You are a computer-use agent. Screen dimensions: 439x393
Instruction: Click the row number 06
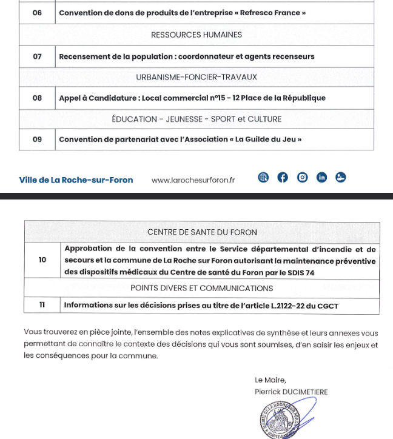click(x=37, y=13)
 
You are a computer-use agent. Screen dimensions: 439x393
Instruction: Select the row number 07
click(x=37, y=56)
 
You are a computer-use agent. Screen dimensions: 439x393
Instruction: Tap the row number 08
click(x=37, y=98)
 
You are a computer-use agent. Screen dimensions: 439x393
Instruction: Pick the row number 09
click(x=37, y=139)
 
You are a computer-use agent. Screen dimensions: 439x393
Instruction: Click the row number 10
click(x=42, y=260)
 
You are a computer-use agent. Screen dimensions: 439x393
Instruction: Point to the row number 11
click(x=42, y=306)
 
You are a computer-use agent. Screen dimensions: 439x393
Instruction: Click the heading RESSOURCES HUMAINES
click(x=196, y=35)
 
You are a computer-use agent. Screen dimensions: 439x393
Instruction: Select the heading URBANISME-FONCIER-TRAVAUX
click(x=196, y=77)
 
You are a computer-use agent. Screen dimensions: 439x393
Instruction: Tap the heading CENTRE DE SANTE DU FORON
click(x=202, y=232)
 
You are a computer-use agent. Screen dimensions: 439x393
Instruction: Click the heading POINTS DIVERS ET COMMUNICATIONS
click(x=202, y=288)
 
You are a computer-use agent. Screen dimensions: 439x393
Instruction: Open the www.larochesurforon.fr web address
click(x=193, y=179)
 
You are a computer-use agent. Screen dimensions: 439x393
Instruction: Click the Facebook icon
click(x=283, y=178)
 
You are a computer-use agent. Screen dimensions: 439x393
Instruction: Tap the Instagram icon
click(x=302, y=178)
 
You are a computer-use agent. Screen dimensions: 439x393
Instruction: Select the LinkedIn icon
click(x=321, y=178)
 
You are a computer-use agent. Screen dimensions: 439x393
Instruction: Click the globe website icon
click(x=263, y=178)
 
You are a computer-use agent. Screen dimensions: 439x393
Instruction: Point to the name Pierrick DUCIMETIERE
click(x=291, y=392)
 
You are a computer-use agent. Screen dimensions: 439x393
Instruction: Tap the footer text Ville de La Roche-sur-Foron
click(x=76, y=179)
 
